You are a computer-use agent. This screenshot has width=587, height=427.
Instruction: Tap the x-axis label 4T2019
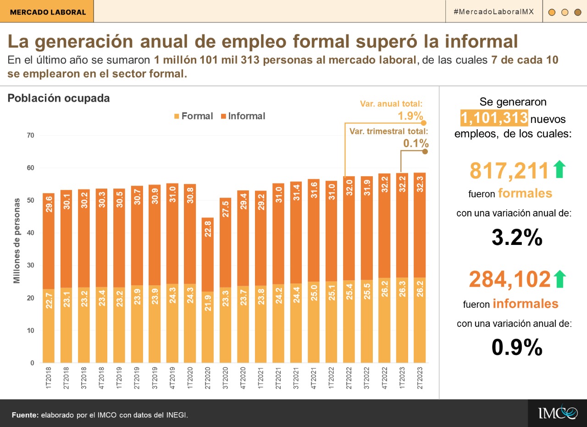[172, 378]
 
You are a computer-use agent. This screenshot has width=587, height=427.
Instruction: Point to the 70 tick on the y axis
[31, 135]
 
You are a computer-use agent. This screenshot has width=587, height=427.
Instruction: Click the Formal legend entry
[192, 116]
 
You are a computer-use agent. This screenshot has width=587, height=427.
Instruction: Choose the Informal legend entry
[243, 116]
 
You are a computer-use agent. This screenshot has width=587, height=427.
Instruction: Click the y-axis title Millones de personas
[17, 241]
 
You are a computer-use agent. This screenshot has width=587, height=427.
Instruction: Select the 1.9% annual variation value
[410, 116]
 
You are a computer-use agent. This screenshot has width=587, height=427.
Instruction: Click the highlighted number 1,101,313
[494, 118]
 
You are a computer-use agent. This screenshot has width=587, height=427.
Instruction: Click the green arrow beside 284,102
[560, 279]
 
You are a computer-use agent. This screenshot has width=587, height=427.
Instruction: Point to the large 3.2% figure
[517, 238]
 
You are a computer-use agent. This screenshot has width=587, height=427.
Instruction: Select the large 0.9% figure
[517, 348]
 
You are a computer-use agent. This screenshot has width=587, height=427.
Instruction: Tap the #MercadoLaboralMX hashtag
[493, 11]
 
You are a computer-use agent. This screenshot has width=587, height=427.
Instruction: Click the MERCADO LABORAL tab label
[48, 12]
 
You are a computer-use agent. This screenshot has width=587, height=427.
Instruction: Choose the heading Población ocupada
[59, 98]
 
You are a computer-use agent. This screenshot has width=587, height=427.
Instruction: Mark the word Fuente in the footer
[25, 415]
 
